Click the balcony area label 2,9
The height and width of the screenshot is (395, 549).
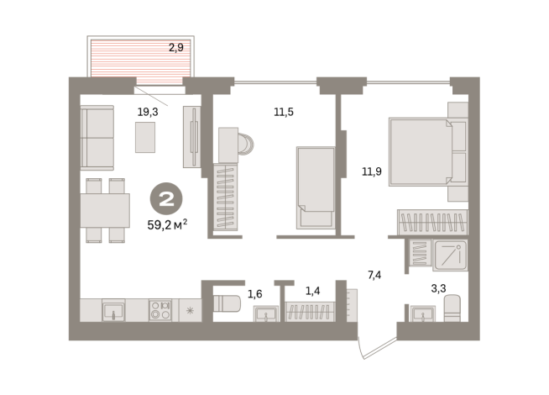176,47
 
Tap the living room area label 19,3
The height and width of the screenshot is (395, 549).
148,112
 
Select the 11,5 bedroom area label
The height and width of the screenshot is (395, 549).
284,112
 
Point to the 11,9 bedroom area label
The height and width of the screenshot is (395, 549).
372,171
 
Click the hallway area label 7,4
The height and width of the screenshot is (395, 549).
374,275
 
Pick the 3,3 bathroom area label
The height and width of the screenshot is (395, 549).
438,288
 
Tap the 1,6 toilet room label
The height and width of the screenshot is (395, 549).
255,293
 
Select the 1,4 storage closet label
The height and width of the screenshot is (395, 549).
312,291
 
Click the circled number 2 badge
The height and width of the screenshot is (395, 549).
166,198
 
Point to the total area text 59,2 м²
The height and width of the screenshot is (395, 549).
167,224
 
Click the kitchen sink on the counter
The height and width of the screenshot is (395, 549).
113,310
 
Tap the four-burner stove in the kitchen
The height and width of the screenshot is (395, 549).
160,310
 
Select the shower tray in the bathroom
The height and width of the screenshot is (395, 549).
450,255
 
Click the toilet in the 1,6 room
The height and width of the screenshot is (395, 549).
227,303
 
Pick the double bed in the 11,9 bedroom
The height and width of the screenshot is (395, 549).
429,152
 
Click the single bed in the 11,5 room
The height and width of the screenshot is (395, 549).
316,188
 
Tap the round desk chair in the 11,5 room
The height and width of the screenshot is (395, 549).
246,144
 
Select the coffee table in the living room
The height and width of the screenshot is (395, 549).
145,137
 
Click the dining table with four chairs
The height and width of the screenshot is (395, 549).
105,210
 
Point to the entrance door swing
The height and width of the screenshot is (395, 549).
376,348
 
